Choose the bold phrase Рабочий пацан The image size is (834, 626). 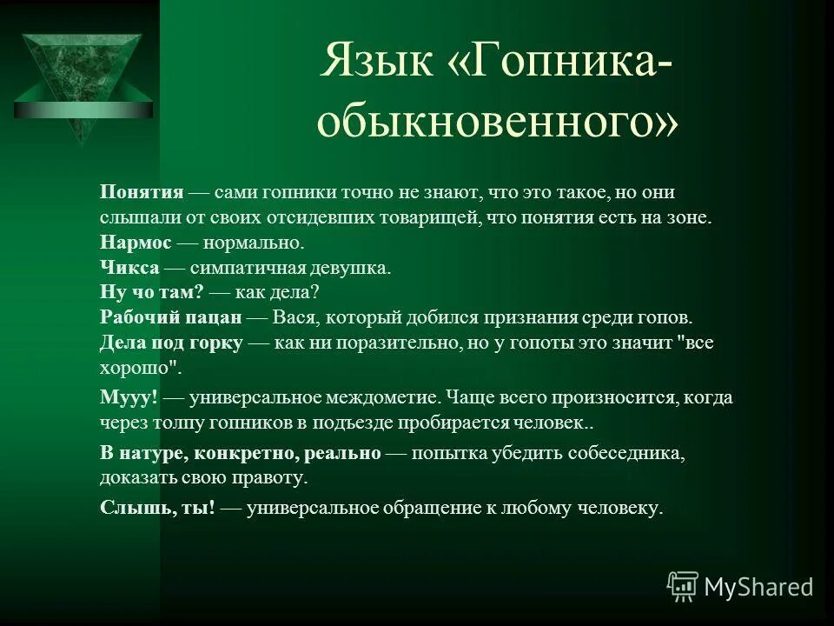pyautogui.click(x=169, y=318)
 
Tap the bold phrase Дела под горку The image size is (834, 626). pyautogui.click(x=170, y=343)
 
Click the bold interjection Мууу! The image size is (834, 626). pyautogui.click(x=129, y=397)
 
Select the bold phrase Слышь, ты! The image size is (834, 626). pyautogui.click(x=157, y=508)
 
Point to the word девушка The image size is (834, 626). pyautogui.click(x=355, y=268)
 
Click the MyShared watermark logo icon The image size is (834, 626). pyautogui.click(x=683, y=587)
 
